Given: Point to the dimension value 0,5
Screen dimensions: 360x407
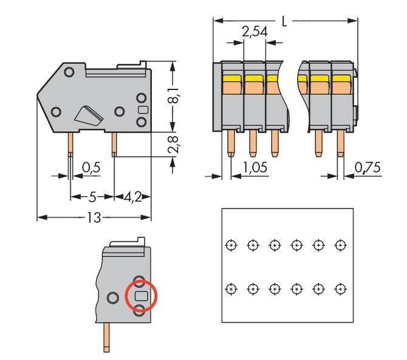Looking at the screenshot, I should pos(91,168).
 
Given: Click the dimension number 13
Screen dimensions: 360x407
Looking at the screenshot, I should pos(93,217).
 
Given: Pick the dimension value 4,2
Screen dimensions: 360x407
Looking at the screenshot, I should pos(132,197).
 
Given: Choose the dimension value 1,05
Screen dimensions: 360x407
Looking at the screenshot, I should pos(254,168).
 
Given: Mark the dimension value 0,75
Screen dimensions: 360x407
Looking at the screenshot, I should pos(368,168).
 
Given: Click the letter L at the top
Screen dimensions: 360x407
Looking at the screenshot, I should pos(285,21).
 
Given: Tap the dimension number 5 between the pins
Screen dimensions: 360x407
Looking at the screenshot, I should pos(92,197).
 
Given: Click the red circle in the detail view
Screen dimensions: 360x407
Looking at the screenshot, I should pos(141,297).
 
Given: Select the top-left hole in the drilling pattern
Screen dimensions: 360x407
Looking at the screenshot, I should pos(230,245).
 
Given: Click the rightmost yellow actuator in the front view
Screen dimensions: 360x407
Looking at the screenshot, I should pos(341,78).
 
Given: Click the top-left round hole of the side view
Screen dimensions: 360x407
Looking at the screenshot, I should pos(69,72).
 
